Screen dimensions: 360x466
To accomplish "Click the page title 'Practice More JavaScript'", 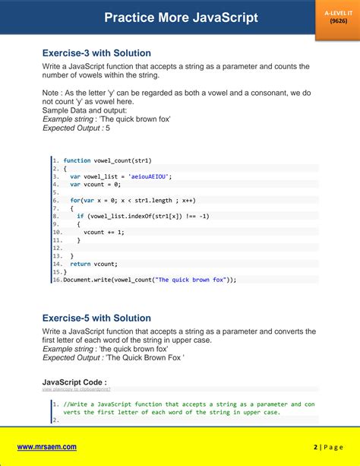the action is (x=181, y=17).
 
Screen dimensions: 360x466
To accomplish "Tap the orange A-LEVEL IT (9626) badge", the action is (x=336, y=17).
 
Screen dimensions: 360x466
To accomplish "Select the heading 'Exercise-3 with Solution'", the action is (x=96, y=53).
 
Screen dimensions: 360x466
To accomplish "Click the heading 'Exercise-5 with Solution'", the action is (x=96, y=318).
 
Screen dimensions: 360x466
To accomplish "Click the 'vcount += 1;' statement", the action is (x=104, y=232).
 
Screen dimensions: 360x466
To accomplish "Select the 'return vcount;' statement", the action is (x=94, y=264).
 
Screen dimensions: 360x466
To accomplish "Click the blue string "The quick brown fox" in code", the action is (x=191, y=280).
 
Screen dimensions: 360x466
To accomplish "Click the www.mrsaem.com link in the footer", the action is (x=47, y=448).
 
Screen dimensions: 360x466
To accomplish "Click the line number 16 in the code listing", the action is (x=56, y=280).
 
